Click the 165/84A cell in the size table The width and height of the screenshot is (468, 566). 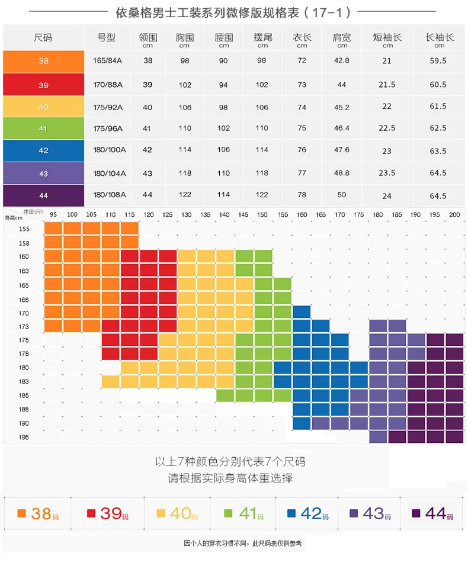tap(107, 60)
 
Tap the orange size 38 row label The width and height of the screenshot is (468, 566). tap(43, 62)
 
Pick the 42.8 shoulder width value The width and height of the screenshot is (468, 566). tap(342, 60)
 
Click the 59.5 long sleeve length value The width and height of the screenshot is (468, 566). tap(438, 60)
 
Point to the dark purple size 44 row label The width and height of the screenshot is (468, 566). tap(43, 195)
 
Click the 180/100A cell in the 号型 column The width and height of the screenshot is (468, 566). tap(110, 150)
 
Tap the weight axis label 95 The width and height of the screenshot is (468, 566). tap(53, 214)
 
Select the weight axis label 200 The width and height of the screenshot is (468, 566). tap(454, 214)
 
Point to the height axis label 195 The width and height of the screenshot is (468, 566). tap(24, 437)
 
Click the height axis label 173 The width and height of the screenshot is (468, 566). tap(24, 327)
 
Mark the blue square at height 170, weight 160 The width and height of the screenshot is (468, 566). tap(302, 312)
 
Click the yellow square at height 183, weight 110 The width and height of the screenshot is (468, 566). tap(111, 381)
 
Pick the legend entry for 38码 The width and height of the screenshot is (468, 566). tap(38, 514)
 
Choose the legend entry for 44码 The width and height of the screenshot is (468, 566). tap(432, 514)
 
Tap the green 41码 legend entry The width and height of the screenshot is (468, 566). tap(243, 514)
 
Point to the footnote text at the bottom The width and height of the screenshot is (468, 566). tap(243, 544)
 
